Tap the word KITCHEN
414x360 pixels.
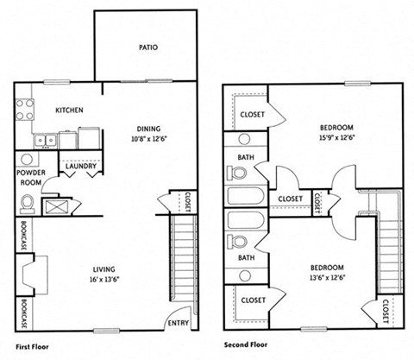(x=68, y=111)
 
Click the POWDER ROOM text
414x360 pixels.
(x=30, y=177)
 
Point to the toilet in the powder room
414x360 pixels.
(x=28, y=204)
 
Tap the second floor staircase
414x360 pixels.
(x=391, y=250)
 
